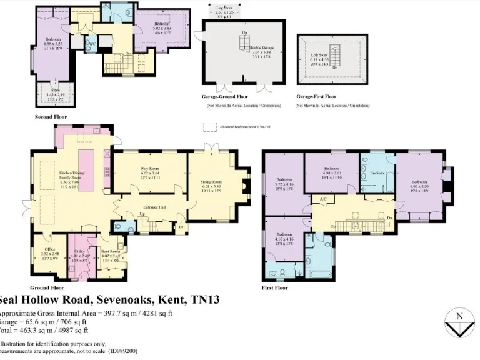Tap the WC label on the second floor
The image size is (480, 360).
coord(91,44)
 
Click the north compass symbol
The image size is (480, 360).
coord(459,322)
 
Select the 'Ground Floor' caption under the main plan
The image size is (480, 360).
coord(47,288)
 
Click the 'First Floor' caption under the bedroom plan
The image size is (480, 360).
coord(275,288)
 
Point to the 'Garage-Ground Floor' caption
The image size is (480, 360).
coord(224,97)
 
